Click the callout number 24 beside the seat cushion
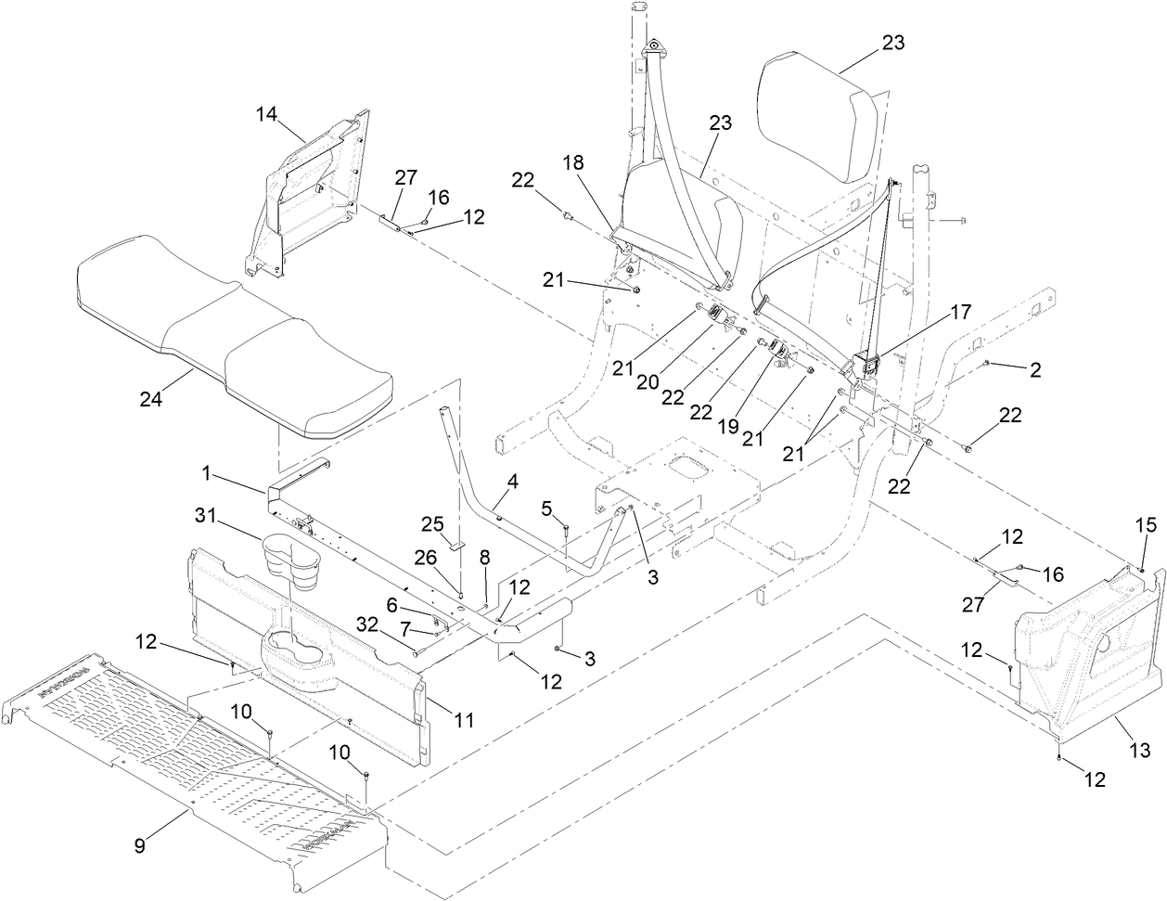click(x=151, y=400)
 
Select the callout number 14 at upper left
click(x=267, y=114)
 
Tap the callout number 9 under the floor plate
click(x=139, y=845)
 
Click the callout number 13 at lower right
click(x=1139, y=749)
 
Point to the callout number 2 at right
click(x=1034, y=370)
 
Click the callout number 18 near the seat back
click(x=574, y=161)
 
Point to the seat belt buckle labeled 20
click(x=717, y=315)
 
